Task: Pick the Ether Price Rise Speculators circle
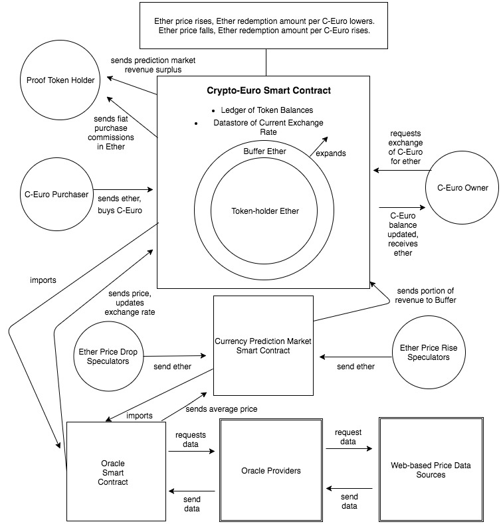pos(429,352)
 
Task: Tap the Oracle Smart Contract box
pos(117,472)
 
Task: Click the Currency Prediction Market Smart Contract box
pos(263,345)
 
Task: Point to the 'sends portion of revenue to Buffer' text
pos(426,296)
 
